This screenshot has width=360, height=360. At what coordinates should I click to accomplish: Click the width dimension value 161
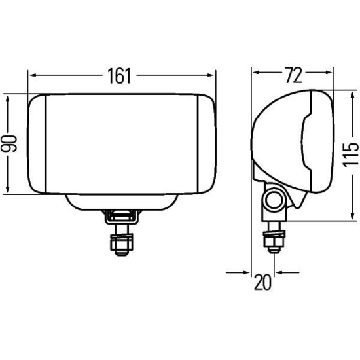tap(121, 76)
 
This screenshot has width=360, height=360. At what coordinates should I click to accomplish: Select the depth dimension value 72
tap(293, 76)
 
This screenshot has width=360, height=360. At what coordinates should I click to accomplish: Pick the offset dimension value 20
tap(263, 283)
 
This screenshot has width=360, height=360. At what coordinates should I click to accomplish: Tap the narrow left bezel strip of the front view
tap(37, 144)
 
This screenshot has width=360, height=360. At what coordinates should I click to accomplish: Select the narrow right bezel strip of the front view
tap(206, 144)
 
